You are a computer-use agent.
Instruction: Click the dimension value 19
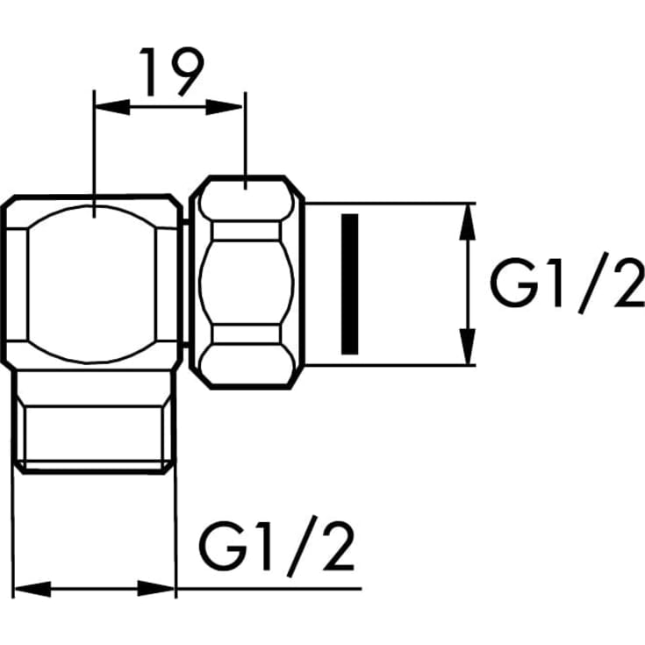pyautogui.click(x=171, y=72)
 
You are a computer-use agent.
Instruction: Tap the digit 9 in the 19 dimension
pyautogui.click(x=187, y=72)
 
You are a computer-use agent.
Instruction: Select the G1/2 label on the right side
pyautogui.click(x=567, y=283)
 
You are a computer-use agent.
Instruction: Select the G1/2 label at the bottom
pyautogui.click(x=276, y=546)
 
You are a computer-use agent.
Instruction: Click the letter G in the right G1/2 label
pyautogui.click(x=513, y=283)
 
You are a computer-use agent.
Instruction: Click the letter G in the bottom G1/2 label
pyautogui.click(x=223, y=546)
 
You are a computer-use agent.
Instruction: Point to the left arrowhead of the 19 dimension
pyautogui.click(x=112, y=107)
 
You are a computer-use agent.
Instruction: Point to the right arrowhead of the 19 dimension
pyautogui.click(x=224, y=107)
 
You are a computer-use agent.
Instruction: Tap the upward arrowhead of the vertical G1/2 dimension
pyautogui.click(x=467, y=222)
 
